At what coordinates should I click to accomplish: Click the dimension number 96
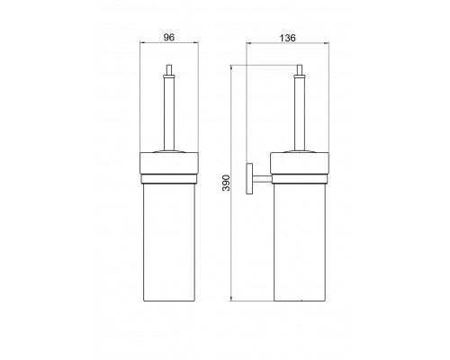click(168, 38)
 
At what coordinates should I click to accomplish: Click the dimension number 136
click(287, 38)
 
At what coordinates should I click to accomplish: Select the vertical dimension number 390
click(226, 183)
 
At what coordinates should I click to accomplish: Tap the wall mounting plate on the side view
click(249, 179)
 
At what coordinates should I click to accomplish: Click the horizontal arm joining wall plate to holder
click(262, 179)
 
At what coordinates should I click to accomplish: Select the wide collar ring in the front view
click(169, 163)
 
